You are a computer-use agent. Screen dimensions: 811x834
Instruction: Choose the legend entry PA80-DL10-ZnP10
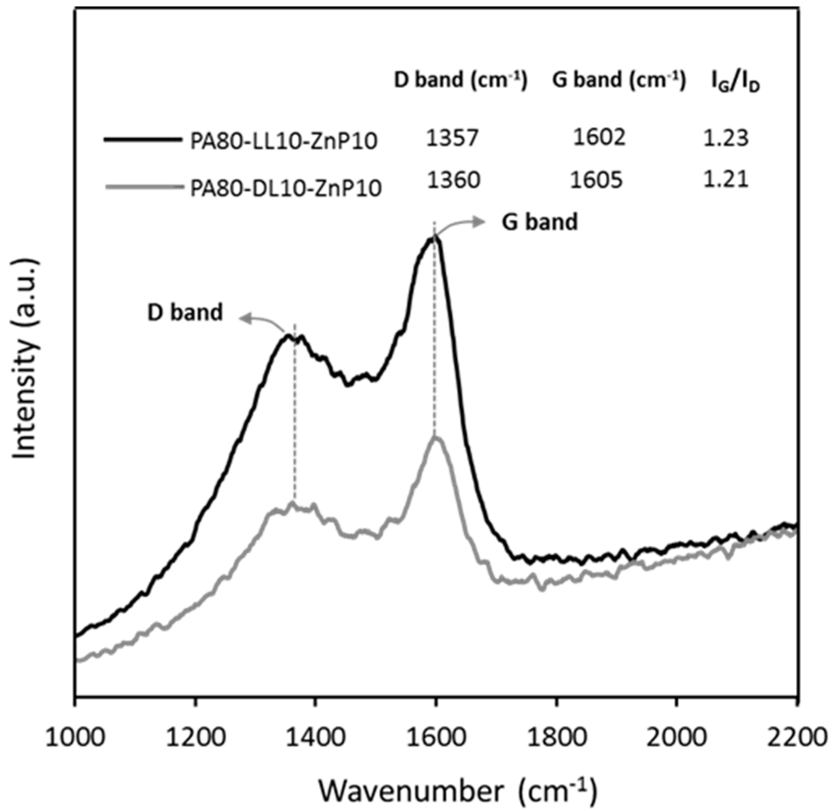tap(285, 188)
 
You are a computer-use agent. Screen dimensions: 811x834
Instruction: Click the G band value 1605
tap(596, 180)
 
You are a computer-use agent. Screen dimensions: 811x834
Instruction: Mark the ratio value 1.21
tap(725, 179)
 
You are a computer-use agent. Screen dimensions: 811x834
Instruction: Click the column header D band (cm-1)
tap(461, 79)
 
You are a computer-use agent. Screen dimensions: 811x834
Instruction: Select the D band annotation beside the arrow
tap(185, 312)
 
